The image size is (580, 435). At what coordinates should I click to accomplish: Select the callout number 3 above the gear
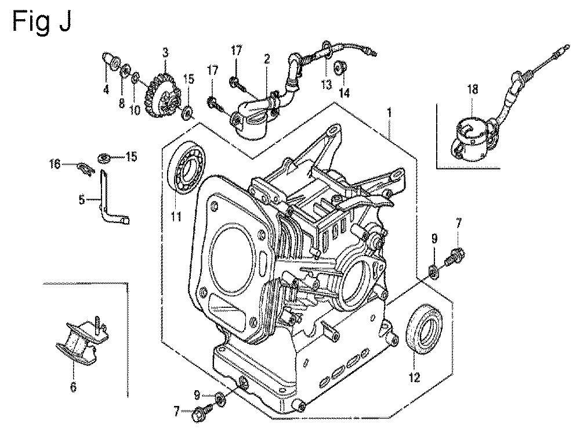coord(165,52)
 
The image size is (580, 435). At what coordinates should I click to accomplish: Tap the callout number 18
coord(473,89)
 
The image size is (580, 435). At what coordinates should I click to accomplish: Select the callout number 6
coord(73,387)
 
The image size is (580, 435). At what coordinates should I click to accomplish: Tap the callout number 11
coord(176,217)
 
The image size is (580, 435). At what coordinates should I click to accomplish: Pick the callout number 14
coord(345,92)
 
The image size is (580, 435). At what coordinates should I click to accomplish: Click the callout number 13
coord(327,85)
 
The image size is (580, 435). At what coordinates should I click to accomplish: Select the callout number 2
coord(267,59)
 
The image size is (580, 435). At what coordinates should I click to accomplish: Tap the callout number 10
coord(135,110)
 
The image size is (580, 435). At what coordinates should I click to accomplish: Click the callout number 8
coord(121,103)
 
